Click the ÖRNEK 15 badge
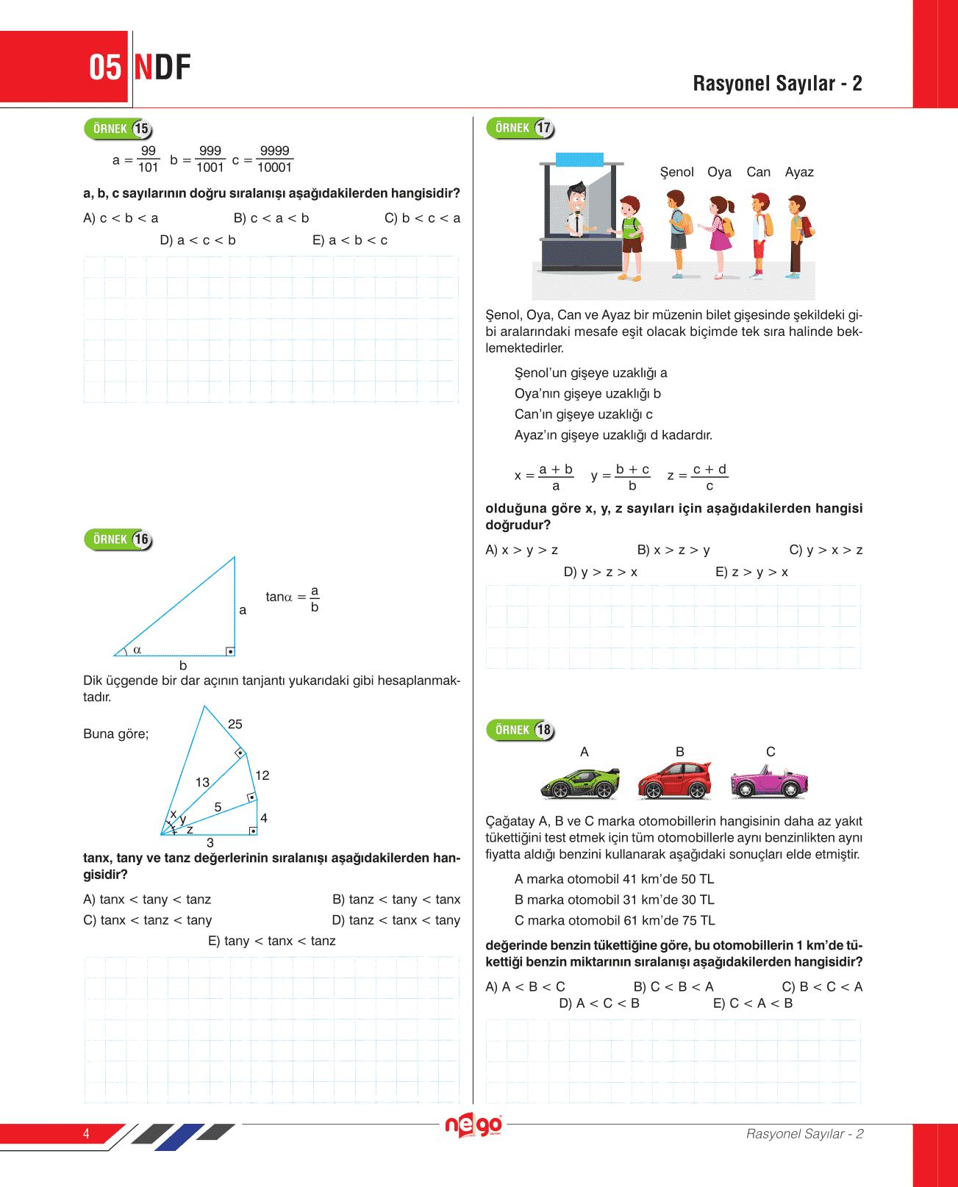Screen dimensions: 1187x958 point(118,129)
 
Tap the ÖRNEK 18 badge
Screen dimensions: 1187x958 point(520,730)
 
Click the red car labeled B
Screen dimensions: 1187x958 point(674,781)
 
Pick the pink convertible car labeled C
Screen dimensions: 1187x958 point(769,782)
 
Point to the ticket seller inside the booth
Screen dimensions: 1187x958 point(577,212)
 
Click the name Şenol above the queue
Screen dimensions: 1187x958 point(676,172)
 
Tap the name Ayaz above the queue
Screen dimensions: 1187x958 point(799,172)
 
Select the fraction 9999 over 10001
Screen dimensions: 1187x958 point(274,159)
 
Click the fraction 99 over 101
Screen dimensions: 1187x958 point(148,159)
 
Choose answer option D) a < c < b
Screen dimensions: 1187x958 point(198,240)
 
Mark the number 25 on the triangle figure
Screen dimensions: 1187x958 point(235,724)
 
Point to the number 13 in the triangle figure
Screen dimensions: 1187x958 point(202,782)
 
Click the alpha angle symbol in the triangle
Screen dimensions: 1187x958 point(137,650)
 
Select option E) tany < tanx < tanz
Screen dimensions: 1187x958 point(271,941)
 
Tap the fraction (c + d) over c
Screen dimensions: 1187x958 point(709,477)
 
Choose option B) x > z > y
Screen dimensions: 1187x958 point(673,550)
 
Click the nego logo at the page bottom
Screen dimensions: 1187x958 point(473,1125)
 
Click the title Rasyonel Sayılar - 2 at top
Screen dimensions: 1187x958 point(777,83)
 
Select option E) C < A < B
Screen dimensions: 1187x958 point(753,1003)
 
